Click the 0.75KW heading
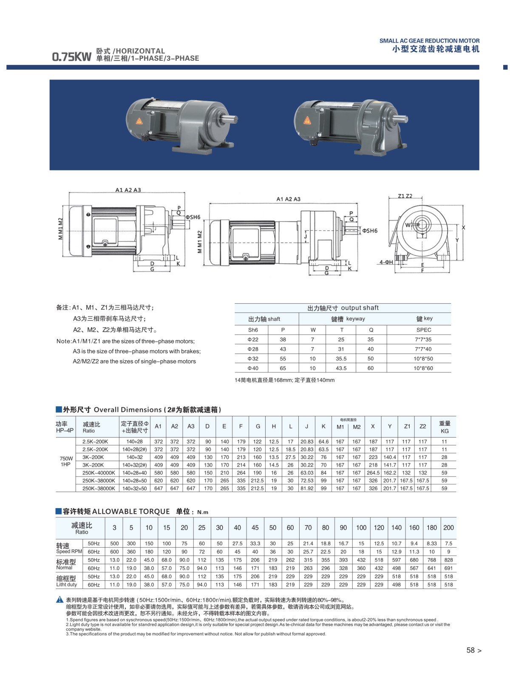click(71, 57)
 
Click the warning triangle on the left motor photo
click(139, 121)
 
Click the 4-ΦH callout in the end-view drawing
click(386, 262)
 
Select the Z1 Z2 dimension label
click(405, 196)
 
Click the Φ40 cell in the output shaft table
click(253, 368)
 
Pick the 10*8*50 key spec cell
click(423, 359)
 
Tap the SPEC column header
click(424, 330)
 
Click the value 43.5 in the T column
click(341, 368)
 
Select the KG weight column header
click(445, 431)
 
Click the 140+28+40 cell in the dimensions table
click(135, 472)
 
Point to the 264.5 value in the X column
click(373, 472)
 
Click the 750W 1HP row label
click(66, 461)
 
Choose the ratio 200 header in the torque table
click(448, 528)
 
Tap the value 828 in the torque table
click(448, 560)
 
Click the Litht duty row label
click(66, 585)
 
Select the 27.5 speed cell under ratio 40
click(237, 543)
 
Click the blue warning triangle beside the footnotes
click(60, 600)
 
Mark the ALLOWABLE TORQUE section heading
click(116, 512)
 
